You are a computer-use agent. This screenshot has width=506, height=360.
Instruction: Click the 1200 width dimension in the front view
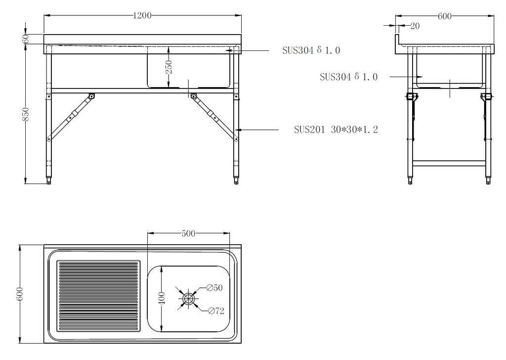[142, 16]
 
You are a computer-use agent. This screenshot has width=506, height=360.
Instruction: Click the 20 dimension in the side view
[415, 26]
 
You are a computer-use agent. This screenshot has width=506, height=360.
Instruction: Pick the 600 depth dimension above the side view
[445, 16]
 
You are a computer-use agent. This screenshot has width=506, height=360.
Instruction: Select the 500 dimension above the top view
[189, 233]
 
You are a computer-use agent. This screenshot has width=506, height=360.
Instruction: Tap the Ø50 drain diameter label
[215, 287]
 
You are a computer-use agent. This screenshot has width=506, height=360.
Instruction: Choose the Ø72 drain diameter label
[216, 311]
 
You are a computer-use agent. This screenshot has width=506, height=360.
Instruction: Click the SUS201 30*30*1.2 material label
[336, 130]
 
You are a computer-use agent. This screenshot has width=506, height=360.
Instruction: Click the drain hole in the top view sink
[188, 298]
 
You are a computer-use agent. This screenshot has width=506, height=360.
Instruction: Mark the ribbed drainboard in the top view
[97, 295]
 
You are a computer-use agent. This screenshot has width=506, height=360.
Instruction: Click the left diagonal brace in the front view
[70, 117]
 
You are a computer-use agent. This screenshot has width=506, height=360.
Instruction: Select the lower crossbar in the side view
[449, 162]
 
